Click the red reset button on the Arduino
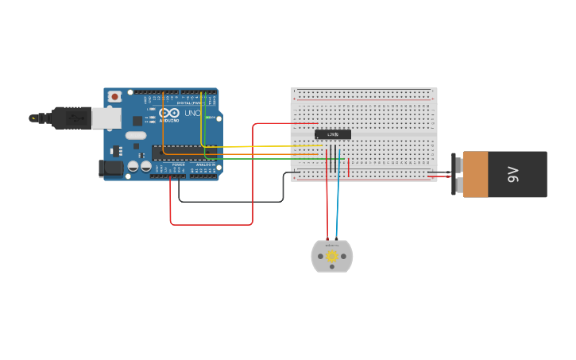114,96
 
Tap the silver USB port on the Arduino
106,118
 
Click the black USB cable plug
71,118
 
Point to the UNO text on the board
192,113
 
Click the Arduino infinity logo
169,113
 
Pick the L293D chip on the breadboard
332,134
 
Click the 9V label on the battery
513,174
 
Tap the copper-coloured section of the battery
475,174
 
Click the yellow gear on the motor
331,257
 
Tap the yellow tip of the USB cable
33,118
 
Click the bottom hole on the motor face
331,268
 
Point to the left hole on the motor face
320,257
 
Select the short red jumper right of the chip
348,168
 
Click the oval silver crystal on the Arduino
135,135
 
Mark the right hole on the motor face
343,257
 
